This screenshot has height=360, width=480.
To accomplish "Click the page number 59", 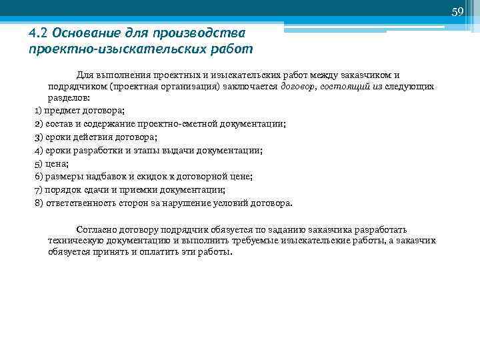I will pos(457,11).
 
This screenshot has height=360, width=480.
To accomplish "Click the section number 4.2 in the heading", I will pos(39,33).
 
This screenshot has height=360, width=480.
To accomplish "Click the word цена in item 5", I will pos(57,164).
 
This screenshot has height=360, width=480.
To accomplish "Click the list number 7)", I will pos(38,190).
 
